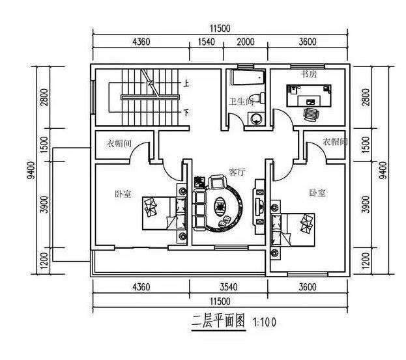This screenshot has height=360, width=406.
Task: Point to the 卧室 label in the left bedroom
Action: [123, 194]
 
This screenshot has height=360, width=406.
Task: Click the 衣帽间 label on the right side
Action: [334, 141]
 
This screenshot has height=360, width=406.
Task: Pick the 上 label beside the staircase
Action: [186, 83]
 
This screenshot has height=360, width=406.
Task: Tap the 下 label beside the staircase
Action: [186, 113]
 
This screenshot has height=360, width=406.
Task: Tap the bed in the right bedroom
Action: [293, 228]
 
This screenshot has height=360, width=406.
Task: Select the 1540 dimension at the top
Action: [205, 42]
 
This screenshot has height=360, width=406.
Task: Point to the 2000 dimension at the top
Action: [245, 42]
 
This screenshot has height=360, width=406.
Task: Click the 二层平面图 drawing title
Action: [217, 321]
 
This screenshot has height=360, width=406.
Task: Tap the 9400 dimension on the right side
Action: [382, 171]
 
